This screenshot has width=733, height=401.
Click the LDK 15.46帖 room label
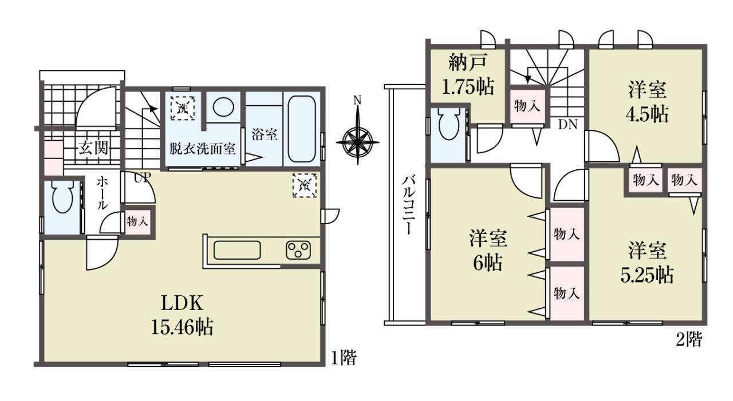(182, 315)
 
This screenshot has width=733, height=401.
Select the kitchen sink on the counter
(237, 250)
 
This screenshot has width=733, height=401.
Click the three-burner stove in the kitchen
(298, 250)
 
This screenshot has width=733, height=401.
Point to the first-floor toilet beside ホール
(62, 197)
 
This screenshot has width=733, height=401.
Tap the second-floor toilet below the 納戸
(449, 124)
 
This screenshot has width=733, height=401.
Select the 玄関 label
(93, 149)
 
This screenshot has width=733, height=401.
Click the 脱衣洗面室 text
(202, 149)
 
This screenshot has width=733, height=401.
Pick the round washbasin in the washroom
(224, 106)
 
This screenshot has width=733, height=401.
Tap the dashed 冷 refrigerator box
(304, 185)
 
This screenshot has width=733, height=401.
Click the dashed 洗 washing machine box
(183, 108)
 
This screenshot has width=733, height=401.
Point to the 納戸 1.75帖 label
(467, 75)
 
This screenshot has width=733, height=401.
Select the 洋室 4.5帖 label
(647, 102)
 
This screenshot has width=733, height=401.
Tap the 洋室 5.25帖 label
(647, 263)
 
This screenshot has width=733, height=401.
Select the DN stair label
(568, 125)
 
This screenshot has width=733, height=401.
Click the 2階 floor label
(689, 339)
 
